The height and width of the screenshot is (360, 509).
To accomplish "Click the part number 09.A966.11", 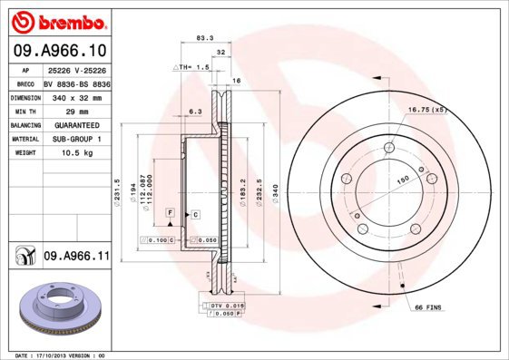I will pos(76,257).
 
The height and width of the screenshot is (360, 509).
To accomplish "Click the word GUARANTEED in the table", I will pos(76,125).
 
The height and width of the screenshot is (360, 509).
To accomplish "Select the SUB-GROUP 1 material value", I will pos(76,140).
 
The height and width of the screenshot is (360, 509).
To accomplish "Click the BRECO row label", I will pos(25,82).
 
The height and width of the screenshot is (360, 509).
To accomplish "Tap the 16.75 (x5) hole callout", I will pos(428,109).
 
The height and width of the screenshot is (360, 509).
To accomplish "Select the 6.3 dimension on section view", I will pos(194,112).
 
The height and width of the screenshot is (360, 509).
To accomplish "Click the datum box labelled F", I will pos(169,211).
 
